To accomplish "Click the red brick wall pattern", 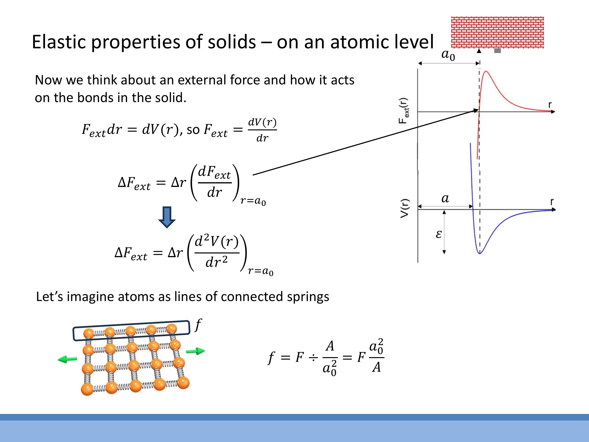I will click(497, 32).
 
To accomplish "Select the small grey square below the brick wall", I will click(497, 51).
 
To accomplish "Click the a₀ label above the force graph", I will click(448, 55).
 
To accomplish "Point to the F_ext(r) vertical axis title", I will click(403, 111).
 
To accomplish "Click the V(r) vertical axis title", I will click(405, 208).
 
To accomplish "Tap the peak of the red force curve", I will click(486, 71).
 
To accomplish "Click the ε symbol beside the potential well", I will click(438, 234).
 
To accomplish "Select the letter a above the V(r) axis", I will click(445, 198).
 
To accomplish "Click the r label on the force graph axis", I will click(550, 105).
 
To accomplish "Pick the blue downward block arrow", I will click(167, 217).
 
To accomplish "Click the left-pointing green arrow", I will click(67, 359).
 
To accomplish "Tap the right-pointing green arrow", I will click(196, 351).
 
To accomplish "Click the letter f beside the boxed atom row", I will click(198, 325).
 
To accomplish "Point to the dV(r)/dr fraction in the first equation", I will click(262, 130).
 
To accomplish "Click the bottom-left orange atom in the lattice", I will click(87, 389).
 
